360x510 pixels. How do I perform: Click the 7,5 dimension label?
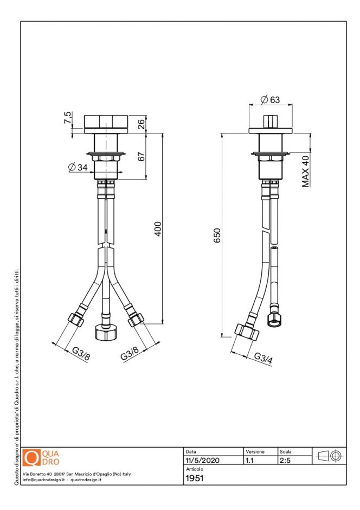tap(67, 118)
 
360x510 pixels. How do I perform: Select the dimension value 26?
tap(141, 124)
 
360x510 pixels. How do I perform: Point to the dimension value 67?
tap(141, 156)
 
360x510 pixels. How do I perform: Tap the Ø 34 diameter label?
tap(79, 168)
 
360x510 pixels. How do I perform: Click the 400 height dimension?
tap(158, 229)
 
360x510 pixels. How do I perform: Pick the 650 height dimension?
tap(217, 235)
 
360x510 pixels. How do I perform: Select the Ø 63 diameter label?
tap(269, 99)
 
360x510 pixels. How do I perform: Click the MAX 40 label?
tap(306, 171)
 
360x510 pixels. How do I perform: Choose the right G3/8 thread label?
tap(130, 356)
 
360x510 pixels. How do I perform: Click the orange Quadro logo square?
tap(33, 458)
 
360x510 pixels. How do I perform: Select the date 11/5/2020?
tap(202, 460)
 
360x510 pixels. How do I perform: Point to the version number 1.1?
tap(250, 460)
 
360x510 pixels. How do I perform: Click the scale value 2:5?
tap(285, 460)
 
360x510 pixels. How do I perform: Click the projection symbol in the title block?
tap(329, 456)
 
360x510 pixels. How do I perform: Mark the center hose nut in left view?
tap(103, 331)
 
